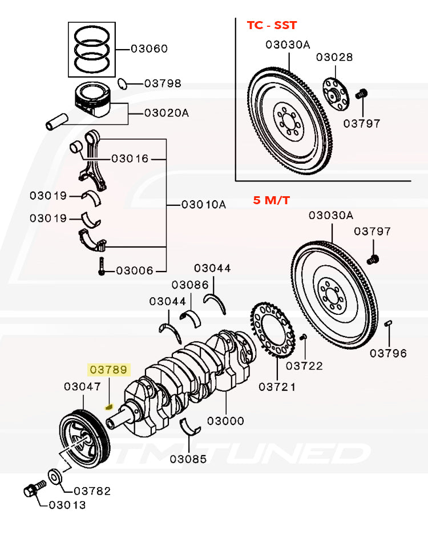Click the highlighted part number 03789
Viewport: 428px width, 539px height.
[108, 370]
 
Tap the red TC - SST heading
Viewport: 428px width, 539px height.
[271, 25]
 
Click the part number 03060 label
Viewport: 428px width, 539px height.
[149, 48]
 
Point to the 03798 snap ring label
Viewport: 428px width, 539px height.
[162, 83]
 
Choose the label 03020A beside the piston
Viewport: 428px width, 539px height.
[166, 113]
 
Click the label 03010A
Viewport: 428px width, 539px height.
[203, 204]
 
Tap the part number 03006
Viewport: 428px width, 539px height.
[135, 270]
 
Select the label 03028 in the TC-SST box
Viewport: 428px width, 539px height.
[334, 57]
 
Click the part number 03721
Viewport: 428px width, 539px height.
[277, 387]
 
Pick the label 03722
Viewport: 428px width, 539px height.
[304, 366]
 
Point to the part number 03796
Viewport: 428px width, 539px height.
[388, 353]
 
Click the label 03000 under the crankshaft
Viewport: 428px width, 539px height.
[225, 421]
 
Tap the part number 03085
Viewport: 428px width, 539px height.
[188, 458]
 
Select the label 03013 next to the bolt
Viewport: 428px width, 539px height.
[67, 504]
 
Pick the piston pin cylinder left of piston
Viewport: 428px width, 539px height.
[56, 121]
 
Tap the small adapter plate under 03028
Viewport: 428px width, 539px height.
[334, 92]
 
